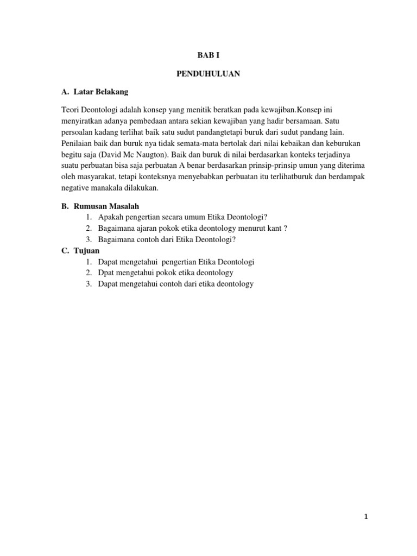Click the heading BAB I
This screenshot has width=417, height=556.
208,55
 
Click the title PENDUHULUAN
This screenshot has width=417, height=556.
208,73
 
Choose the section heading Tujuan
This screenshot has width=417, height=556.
86,250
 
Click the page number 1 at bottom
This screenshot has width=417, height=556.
366,516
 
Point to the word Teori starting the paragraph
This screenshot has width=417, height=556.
71,110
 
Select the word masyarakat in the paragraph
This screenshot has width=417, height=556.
94,176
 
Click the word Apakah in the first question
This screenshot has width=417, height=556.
110,217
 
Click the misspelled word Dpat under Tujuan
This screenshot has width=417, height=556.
106,273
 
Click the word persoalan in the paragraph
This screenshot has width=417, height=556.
77,132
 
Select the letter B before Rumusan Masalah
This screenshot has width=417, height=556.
64,206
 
